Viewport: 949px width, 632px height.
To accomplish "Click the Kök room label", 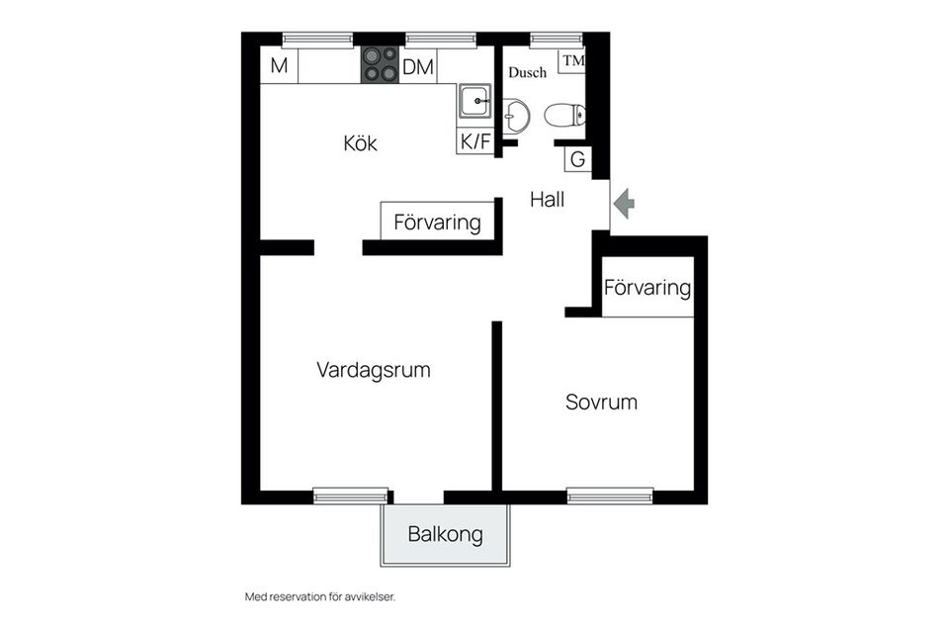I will coord(360,143).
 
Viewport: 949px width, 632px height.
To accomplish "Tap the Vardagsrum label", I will coord(374,370).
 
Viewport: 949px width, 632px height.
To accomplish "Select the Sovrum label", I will coord(601,403).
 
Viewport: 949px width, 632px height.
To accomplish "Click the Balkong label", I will coord(446,535).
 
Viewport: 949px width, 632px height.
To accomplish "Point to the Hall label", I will coord(547,200).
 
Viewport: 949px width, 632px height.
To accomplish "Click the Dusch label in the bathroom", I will coord(527,72).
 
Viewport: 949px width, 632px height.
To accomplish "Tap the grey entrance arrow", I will coord(624,204).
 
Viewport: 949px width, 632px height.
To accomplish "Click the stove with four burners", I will coord(380,64).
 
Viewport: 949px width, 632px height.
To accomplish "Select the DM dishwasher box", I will coord(417,67).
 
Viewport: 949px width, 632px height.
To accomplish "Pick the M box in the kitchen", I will coord(279,67).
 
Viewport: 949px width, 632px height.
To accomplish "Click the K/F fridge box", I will coord(474,141).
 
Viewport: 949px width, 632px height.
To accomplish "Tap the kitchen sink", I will coord(475,100).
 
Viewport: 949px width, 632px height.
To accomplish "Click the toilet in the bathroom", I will coord(564,116).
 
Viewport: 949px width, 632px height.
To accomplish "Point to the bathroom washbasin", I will coord(515,116).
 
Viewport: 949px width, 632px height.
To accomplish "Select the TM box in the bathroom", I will coord(572,60).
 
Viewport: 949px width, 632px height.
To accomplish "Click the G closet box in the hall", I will coord(578,159).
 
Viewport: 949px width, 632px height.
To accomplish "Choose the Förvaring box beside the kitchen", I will coord(437,222).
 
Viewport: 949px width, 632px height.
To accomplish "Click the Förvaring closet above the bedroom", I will coord(647,288).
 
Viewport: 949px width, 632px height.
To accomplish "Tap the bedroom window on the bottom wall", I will coord(610,496).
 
